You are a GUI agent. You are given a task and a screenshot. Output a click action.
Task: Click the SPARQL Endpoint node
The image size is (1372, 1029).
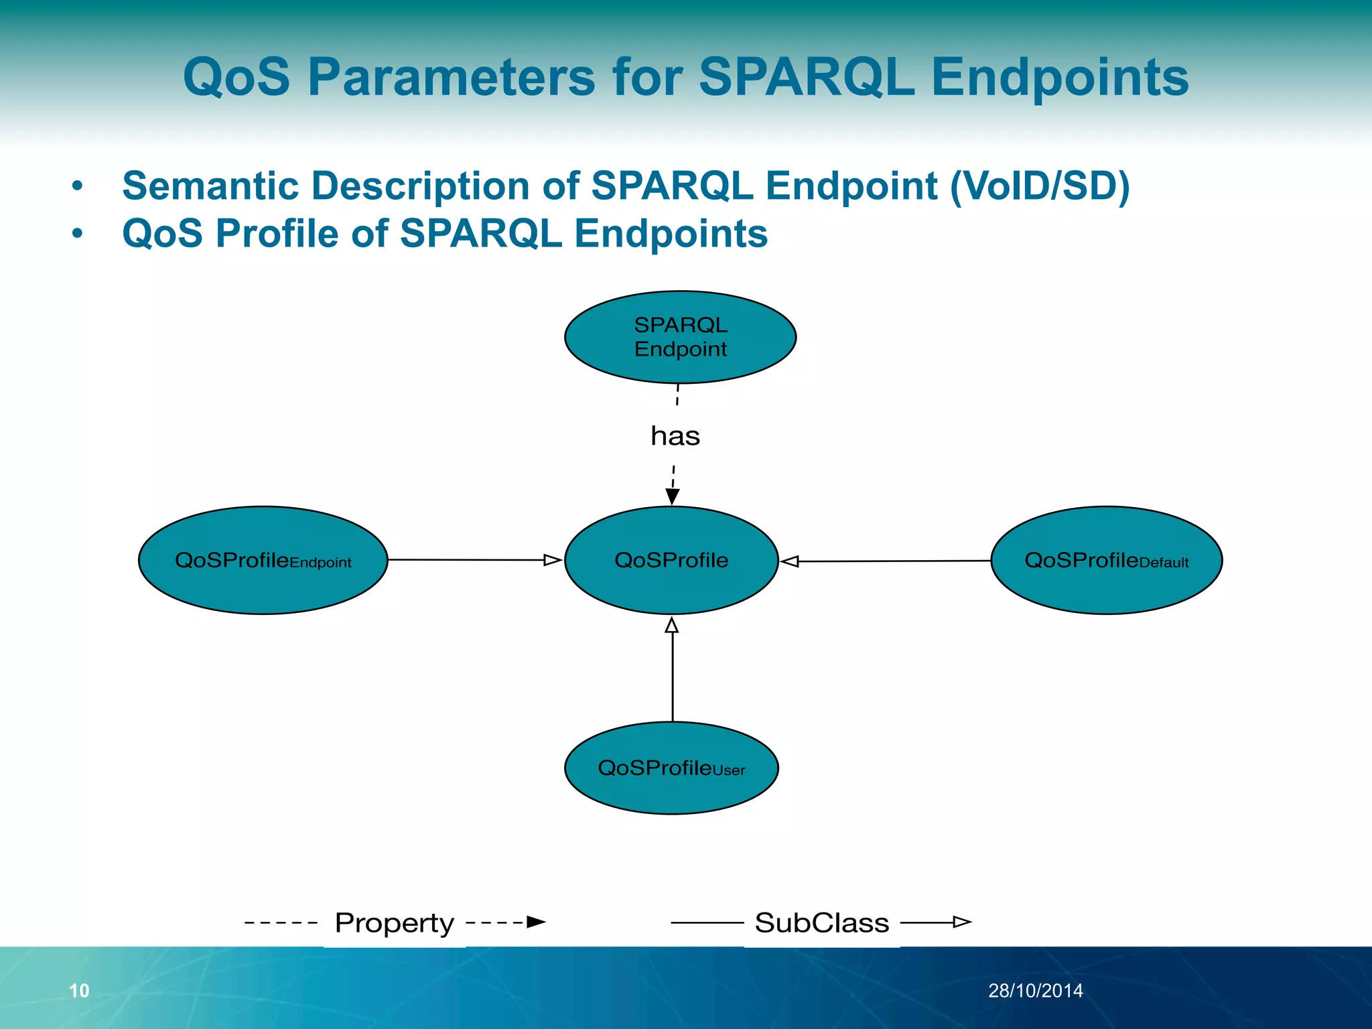(x=680, y=337)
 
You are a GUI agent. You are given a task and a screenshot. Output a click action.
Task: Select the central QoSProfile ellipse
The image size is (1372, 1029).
(x=671, y=560)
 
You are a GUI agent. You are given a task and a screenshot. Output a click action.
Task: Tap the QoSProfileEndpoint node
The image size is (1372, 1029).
(x=263, y=560)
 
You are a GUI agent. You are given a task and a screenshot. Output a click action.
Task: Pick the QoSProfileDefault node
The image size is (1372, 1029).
(x=1106, y=560)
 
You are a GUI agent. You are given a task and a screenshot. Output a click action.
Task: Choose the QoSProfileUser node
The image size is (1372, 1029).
(x=671, y=768)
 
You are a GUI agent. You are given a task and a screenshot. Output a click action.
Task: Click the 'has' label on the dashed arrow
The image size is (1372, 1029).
(x=675, y=436)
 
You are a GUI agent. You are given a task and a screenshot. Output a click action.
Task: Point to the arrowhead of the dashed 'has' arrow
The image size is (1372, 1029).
(x=673, y=496)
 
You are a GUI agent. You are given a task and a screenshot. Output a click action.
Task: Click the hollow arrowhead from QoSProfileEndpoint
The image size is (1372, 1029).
(x=552, y=560)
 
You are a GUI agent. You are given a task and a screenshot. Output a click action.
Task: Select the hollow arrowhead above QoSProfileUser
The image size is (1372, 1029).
(x=672, y=626)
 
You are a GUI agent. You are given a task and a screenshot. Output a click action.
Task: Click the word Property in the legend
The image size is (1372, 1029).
(x=395, y=923)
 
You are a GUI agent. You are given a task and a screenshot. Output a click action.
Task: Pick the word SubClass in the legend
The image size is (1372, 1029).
(x=822, y=923)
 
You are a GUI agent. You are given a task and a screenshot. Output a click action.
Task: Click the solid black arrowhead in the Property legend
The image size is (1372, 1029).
(x=536, y=922)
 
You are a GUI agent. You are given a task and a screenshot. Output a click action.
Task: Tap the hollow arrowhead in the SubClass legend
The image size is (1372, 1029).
(x=962, y=922)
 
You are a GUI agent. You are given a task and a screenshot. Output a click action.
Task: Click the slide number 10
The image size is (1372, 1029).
(x=79, y=991)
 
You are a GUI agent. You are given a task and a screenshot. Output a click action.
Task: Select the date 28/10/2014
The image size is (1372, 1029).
(x=1035, y=991)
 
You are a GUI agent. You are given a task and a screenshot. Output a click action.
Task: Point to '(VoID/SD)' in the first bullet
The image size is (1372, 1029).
(x=1040, y=186)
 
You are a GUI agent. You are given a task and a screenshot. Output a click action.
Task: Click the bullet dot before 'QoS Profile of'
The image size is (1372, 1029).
(x=78, y=234)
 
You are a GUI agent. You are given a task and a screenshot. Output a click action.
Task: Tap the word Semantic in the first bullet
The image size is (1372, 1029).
(x=210, y=186)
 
